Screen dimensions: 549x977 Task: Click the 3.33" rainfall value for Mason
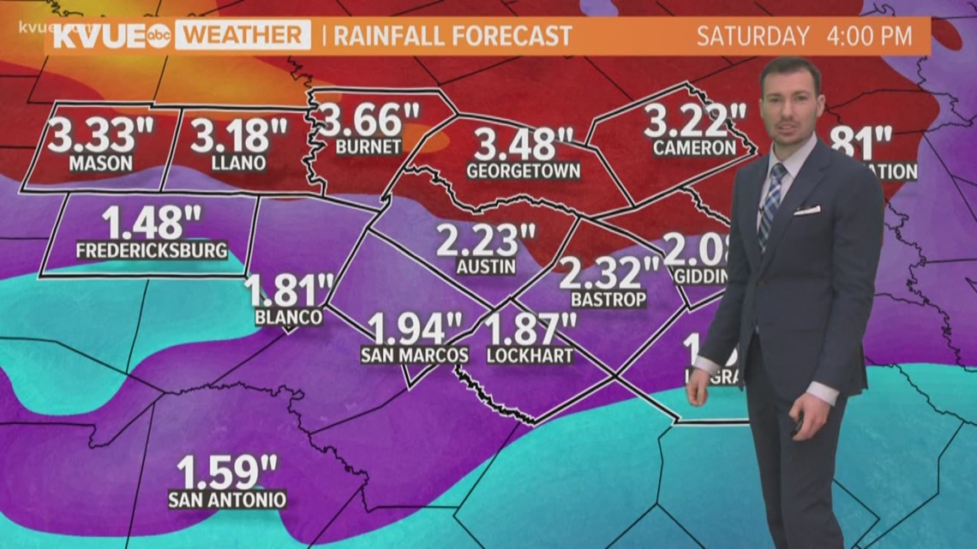(93, 136)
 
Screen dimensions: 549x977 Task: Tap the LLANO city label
(238, 163)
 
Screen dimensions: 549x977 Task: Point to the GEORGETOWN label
(523, 171)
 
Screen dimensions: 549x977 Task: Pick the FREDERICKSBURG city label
(152, 251)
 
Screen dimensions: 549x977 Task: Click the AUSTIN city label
(486, 266)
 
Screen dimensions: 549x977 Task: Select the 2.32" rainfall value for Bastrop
(609, 275)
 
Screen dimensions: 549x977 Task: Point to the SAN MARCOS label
(414, 355)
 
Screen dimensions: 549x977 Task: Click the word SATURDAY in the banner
(752, 36)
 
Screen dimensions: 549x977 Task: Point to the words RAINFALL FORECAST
(452, 36)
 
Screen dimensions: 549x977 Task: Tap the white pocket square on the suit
(806, 210)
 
